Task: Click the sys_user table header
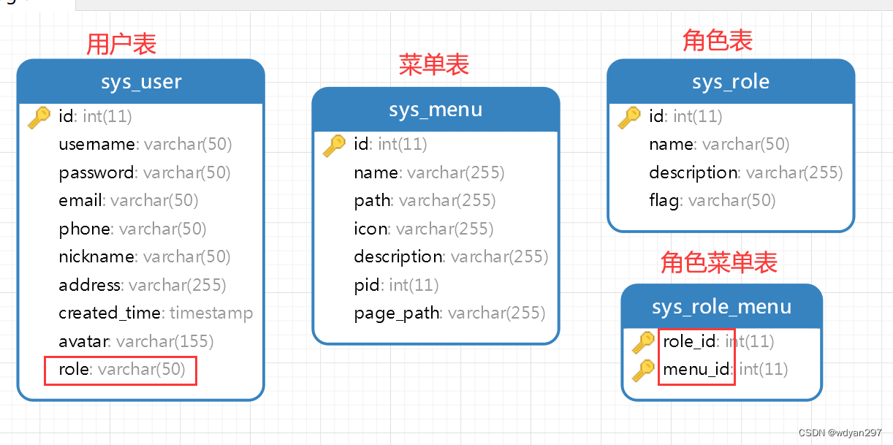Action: pos(141,82)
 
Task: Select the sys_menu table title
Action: pos(436,110)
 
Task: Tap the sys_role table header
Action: pos(731,82)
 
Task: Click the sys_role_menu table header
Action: pos(721,307)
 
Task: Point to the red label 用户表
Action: pos(121,45)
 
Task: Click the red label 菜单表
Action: pos(433,64)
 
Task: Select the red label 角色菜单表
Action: pos(718,262)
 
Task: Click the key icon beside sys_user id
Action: pos(39,117)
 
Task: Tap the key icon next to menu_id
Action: pos(643,370)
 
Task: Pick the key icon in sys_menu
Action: pos(334,145)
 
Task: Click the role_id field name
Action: pos(689,341)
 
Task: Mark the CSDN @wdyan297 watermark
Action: pos(840,433)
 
